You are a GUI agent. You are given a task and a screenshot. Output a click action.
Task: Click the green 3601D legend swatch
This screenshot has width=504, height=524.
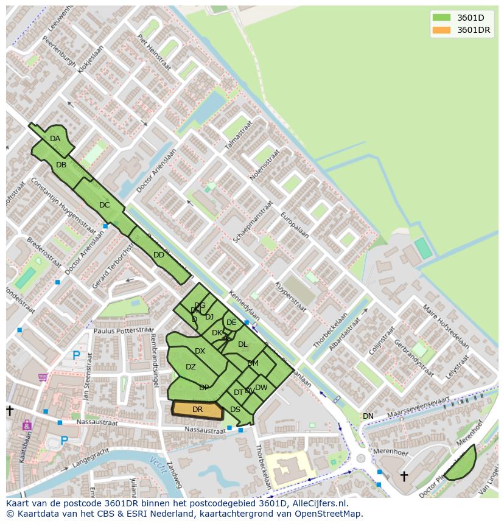441,17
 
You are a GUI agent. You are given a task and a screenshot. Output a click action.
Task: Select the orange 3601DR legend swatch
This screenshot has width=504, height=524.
441,30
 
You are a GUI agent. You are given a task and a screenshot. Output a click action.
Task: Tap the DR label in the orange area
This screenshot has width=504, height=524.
197,410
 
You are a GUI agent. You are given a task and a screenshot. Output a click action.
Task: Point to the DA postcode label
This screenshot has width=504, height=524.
55,139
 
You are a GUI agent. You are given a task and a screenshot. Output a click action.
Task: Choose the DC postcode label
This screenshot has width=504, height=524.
104,205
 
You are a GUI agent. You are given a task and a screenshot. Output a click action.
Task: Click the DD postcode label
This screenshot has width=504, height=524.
158,255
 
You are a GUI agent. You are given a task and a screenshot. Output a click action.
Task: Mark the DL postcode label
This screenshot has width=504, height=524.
243,344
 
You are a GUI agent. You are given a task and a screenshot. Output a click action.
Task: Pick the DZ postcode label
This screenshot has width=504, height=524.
191,367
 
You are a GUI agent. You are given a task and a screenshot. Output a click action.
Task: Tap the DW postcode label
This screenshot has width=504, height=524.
261,388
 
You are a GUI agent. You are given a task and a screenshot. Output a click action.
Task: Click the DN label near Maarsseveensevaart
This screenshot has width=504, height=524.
368,416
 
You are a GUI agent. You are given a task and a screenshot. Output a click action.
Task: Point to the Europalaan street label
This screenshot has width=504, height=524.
295,225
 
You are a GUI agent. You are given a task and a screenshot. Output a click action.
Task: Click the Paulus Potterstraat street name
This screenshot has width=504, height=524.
124,330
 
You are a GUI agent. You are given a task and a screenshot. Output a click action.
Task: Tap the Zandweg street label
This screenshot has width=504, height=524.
174,474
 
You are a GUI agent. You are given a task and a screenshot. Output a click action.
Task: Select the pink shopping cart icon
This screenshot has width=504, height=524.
43,377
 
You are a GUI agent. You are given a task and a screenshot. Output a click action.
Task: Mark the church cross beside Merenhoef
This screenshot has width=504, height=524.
404,475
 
